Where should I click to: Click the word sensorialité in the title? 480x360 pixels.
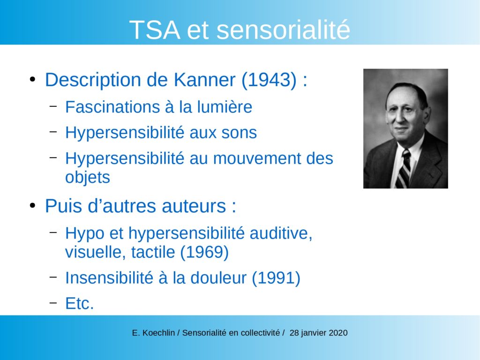pyautogui.click(x=283, y=30)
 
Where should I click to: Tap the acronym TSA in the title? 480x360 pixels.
pyautogui.click(x=155, y=30)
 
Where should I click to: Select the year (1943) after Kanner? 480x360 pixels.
pyautogui.click(x=269, y=80)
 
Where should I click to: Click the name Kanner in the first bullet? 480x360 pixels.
pyautogui.click(x=204, y=80)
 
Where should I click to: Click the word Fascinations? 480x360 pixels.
pyautogui.click(x=112, y=107)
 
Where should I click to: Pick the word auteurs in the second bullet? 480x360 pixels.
pyautogui.click(x=194, y=206)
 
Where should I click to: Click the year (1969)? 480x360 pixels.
pyautogui.click(x=204, y=253)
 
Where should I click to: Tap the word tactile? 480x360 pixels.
pyautogui.click(x=153, y=252)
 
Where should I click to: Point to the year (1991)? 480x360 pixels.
pyautogui.click(x=276, y=278)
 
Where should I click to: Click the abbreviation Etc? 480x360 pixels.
pyautogui.click(x=80, y=304)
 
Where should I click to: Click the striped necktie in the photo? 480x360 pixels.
pyautogui.click(x=404, y=169)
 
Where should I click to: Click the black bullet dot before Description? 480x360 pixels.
pyautogui.click(x=32, y=80)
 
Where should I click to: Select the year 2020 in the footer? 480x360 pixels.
pyautogui.click(x=338, y=333)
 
